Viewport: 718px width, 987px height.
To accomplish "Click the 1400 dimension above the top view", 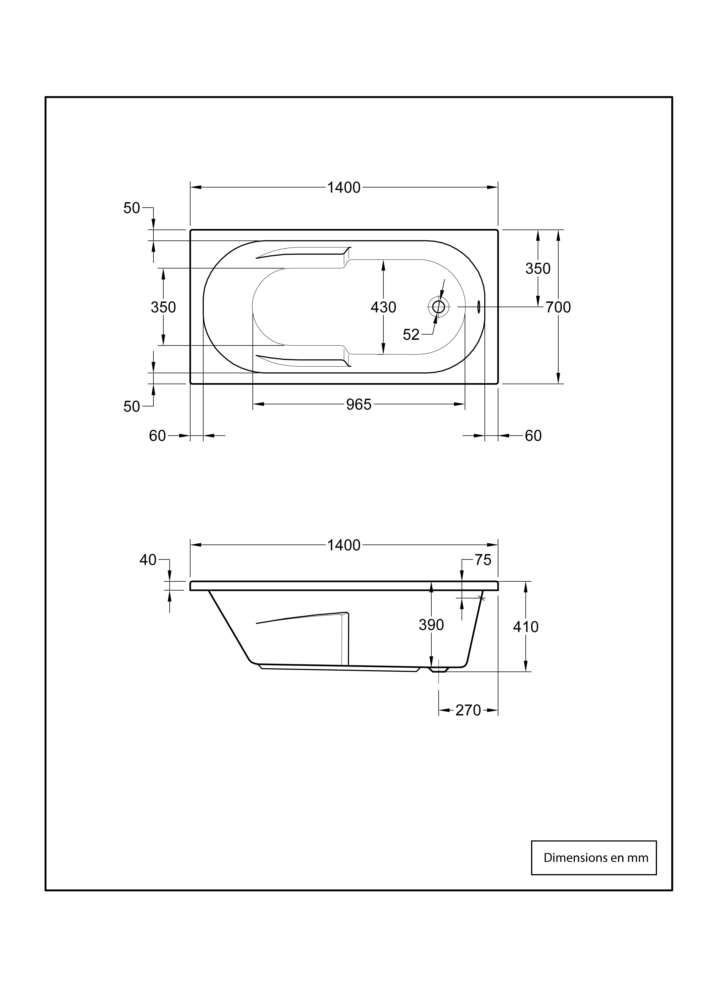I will point(344,188).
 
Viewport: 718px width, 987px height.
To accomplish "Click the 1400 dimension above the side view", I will point(344,545).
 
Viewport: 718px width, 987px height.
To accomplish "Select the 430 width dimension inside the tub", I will point(383,307).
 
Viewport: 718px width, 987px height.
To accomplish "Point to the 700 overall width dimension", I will point(558,307).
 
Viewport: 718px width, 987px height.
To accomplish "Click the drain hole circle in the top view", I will point(438,307).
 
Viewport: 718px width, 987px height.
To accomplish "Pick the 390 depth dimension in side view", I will point(431,625).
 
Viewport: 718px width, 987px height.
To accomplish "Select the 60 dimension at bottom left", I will point(157,436).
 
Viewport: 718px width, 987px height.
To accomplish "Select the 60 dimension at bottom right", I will point(533,436).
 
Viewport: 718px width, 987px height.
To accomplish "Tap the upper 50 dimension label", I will point(132,208).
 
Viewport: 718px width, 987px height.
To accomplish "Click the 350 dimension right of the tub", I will point(538,268).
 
